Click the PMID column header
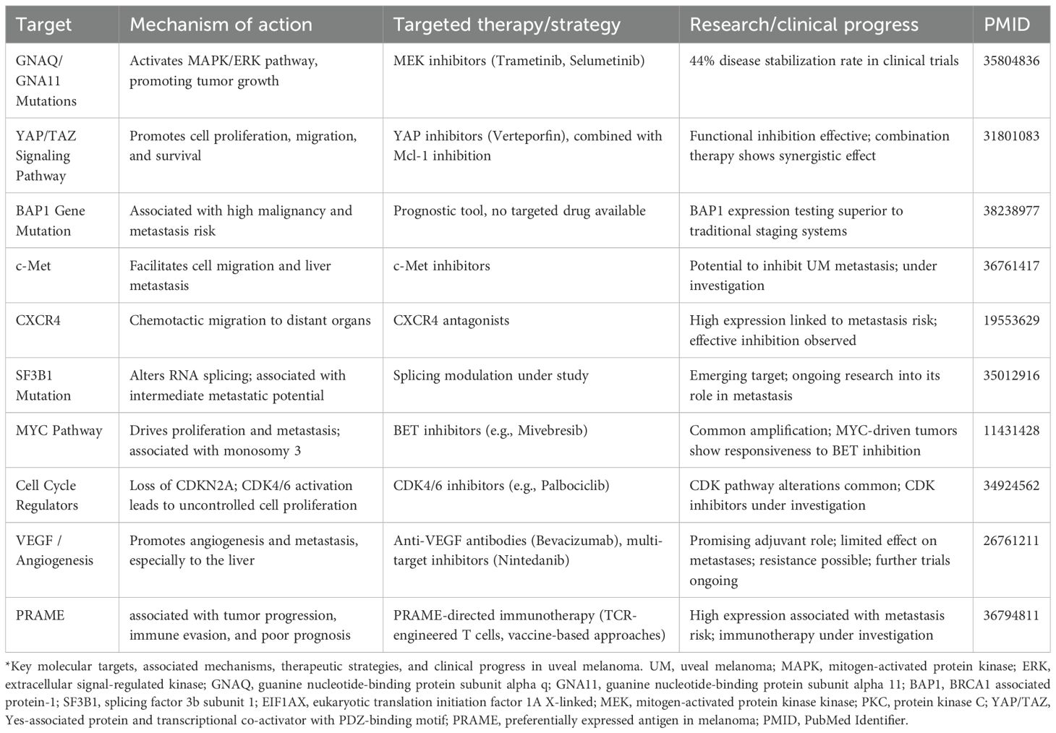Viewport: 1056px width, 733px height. tap(1007, 25)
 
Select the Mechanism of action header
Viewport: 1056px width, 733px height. tap(221, 25)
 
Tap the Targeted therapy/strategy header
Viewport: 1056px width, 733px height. tap(506, 25)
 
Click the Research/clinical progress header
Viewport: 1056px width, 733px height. tap(804, 25)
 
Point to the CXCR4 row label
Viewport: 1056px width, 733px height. tap(38, 320)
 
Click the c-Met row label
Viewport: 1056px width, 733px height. tap(33, 265)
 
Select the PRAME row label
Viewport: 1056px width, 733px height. tap(40, 615)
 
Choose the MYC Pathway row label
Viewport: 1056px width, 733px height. tap(59, 430)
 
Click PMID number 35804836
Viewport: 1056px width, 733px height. tap(1011, 61)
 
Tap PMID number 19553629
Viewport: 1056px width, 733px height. tap(1011, 320)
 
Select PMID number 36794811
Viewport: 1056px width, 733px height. tap(1011, 615)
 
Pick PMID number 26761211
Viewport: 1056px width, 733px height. tap(1011, 540)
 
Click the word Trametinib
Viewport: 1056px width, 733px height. tap(530, 61)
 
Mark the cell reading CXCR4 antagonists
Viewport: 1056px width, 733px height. tap(451, 320)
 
